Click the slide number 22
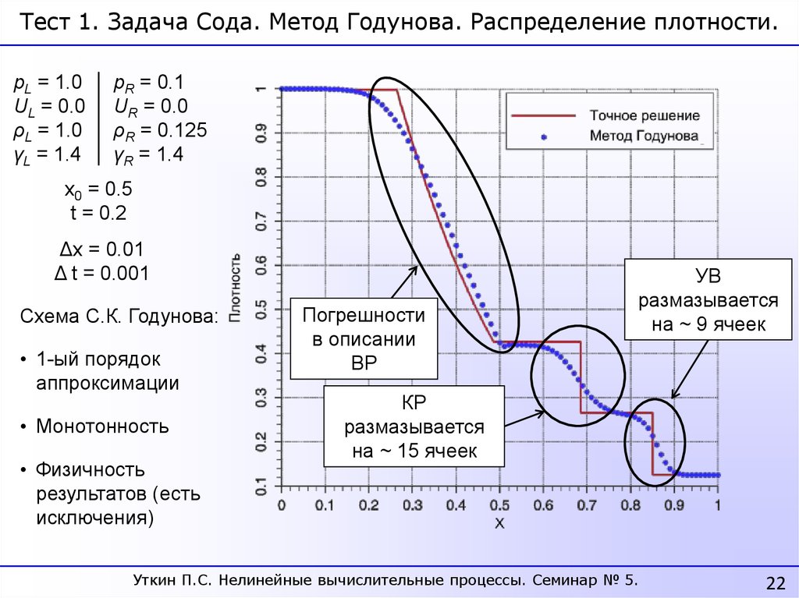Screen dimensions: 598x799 coord(776,583)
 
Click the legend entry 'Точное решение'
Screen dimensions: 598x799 coord(644,115)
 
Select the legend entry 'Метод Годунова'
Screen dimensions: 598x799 coord(644,136)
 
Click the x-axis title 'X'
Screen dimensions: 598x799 coord(499,523)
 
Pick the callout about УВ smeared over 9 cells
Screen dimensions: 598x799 coord(708,299)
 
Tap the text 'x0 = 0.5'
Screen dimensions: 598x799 coord(98,189)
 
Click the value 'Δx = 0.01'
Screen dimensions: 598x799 coord(101,250)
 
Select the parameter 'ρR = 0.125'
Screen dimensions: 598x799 coord(160,130)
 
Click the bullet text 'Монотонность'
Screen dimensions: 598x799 coord(102,426)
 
